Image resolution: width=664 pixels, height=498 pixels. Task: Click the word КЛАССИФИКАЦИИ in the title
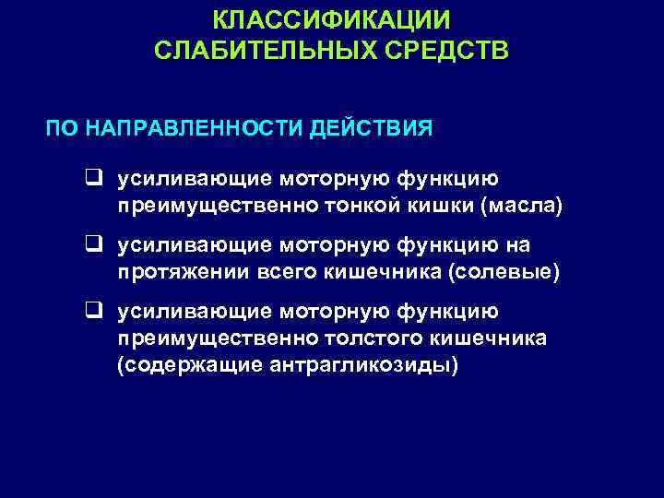click(x=332, y=19)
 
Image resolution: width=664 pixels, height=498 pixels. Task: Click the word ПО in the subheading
click(x=63, y=126)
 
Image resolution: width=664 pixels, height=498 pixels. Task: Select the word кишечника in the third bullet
click(x=493, y=338)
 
